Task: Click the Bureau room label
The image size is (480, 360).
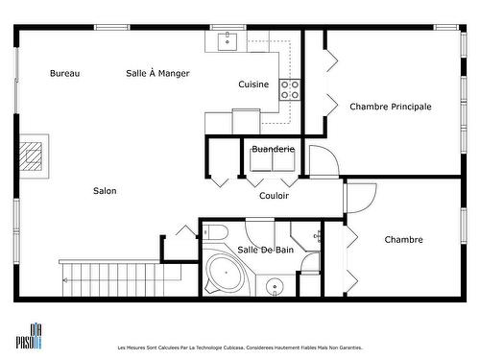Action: click(64, 73)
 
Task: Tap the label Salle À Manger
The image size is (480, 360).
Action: click(157, 73)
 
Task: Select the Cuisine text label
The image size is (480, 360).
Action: click(253, 84)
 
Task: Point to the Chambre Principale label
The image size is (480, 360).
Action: click(390, 107)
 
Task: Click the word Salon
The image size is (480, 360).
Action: click(105, 190)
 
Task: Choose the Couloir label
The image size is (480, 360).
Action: click(274, 196)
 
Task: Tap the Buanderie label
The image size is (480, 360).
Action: click(273, 149)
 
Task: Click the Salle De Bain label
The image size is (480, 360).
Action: click(265, 250)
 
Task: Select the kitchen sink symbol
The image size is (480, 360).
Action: click(228, 39)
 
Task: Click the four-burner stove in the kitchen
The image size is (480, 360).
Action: click(290, 89)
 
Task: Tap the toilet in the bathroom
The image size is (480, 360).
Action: click(215, 234)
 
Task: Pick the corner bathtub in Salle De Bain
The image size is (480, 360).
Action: click(226, 275)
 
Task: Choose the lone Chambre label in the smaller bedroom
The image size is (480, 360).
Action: click(403, 239)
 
